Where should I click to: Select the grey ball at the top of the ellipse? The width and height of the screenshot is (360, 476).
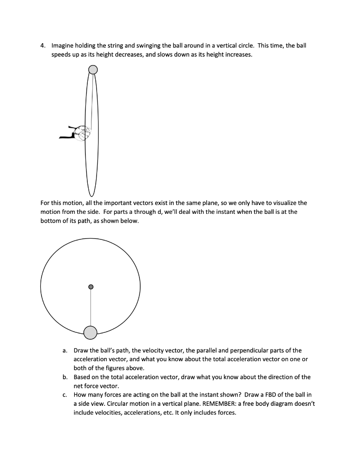(x=93, y=70)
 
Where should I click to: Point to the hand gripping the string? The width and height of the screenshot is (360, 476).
(x=83, y=133)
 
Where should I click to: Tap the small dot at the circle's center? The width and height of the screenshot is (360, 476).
(x=91, y=286)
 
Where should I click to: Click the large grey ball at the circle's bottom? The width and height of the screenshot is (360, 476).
(x=91, y=332)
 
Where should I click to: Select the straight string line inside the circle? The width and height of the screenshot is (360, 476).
(x=91, y=307)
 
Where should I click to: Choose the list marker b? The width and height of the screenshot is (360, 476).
(x=65, y=377)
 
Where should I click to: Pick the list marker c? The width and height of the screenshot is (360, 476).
(x=65, y=395)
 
